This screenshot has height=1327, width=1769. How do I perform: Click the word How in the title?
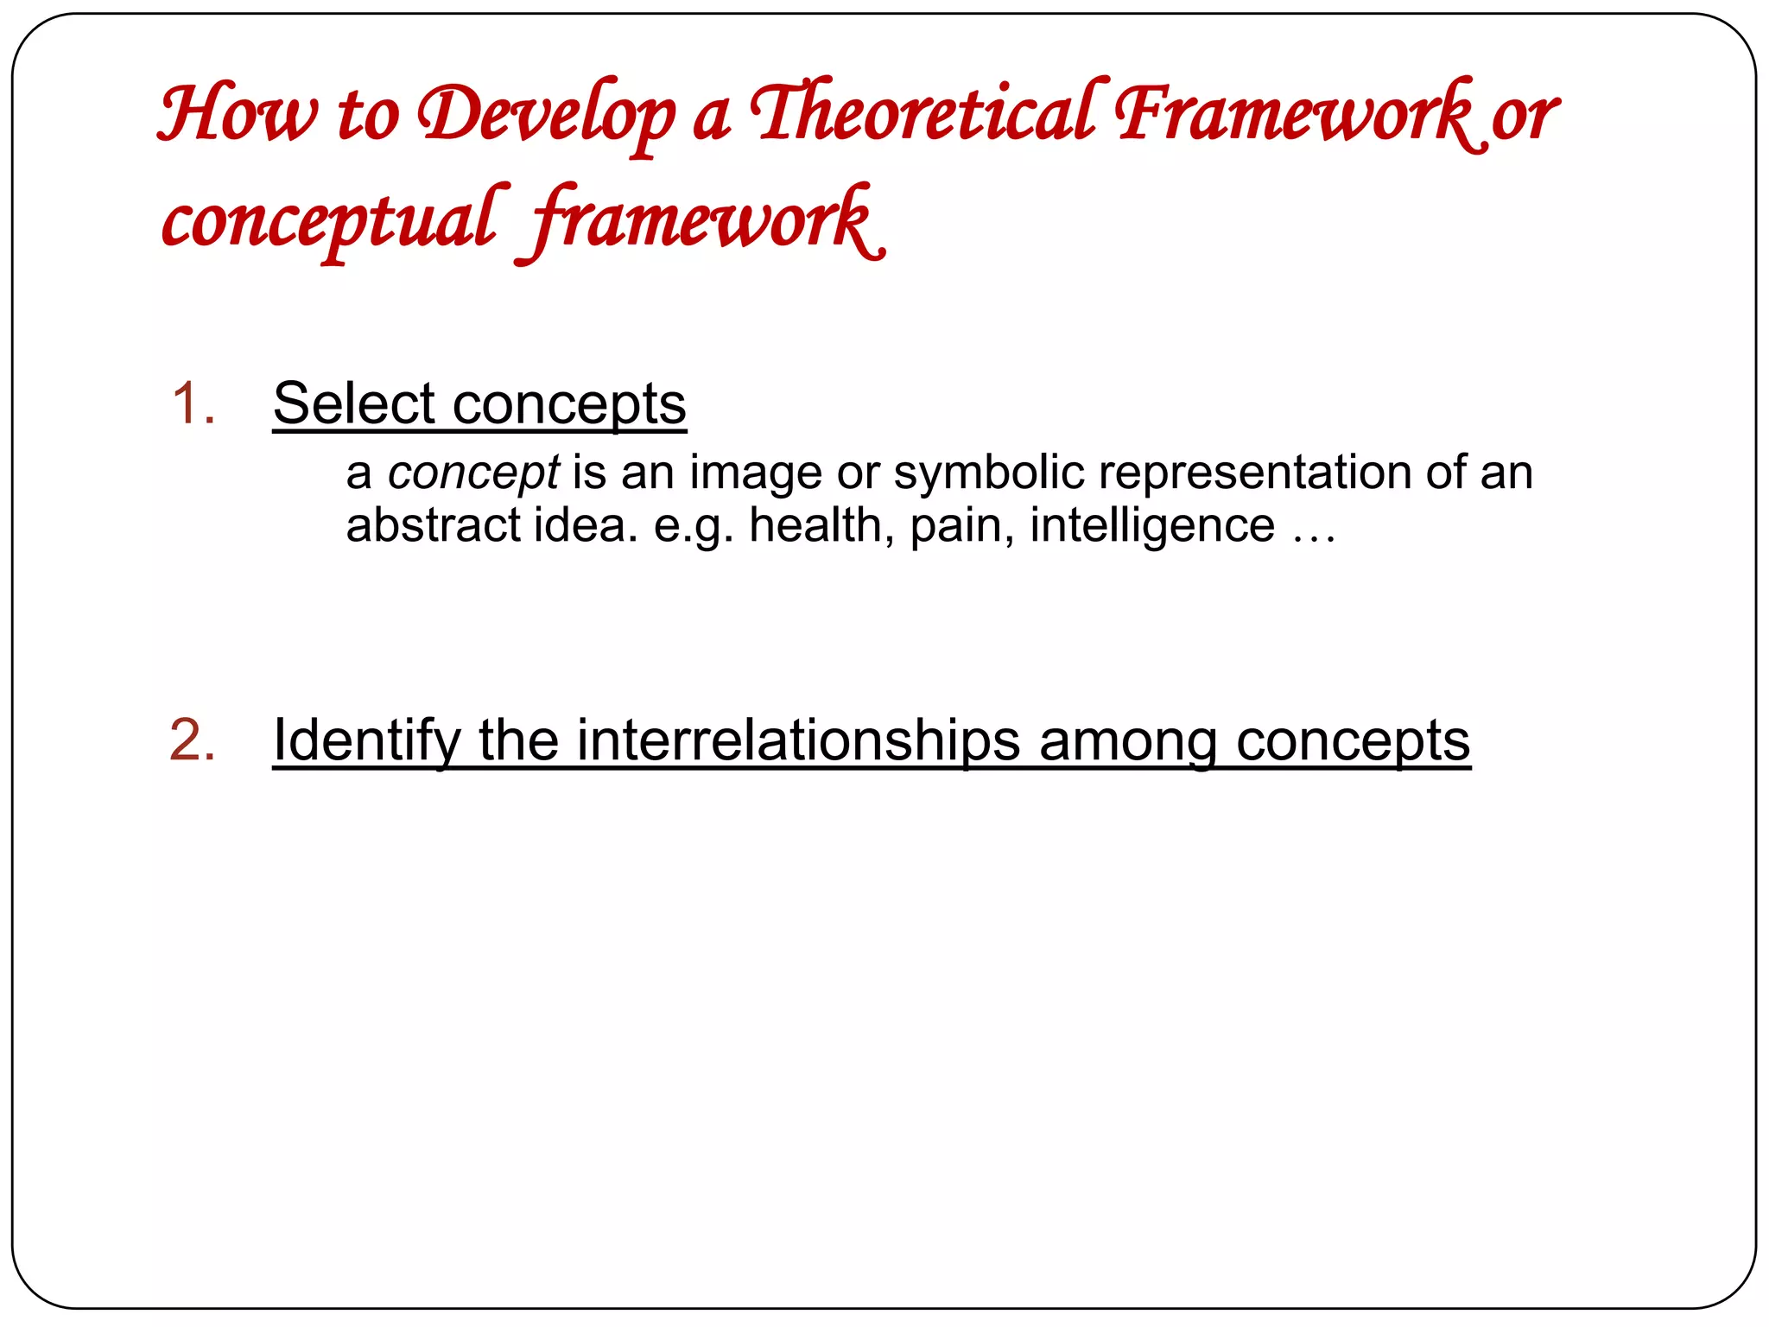(x=238, y=114)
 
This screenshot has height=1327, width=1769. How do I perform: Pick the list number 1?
(x=193, y=403)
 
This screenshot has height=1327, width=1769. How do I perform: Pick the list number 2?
(x=193, y=740)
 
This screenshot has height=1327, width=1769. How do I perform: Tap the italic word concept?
(x=473, y=473)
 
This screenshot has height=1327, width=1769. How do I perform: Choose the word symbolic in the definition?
(x=989, y=473)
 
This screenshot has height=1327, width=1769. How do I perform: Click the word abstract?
(x=434, y=525)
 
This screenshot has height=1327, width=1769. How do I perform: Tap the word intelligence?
(x=1152, y=525)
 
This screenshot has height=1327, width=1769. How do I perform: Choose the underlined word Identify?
(x=368, y=741)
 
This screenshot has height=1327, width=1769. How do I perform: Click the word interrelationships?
(x=798, y=741)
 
